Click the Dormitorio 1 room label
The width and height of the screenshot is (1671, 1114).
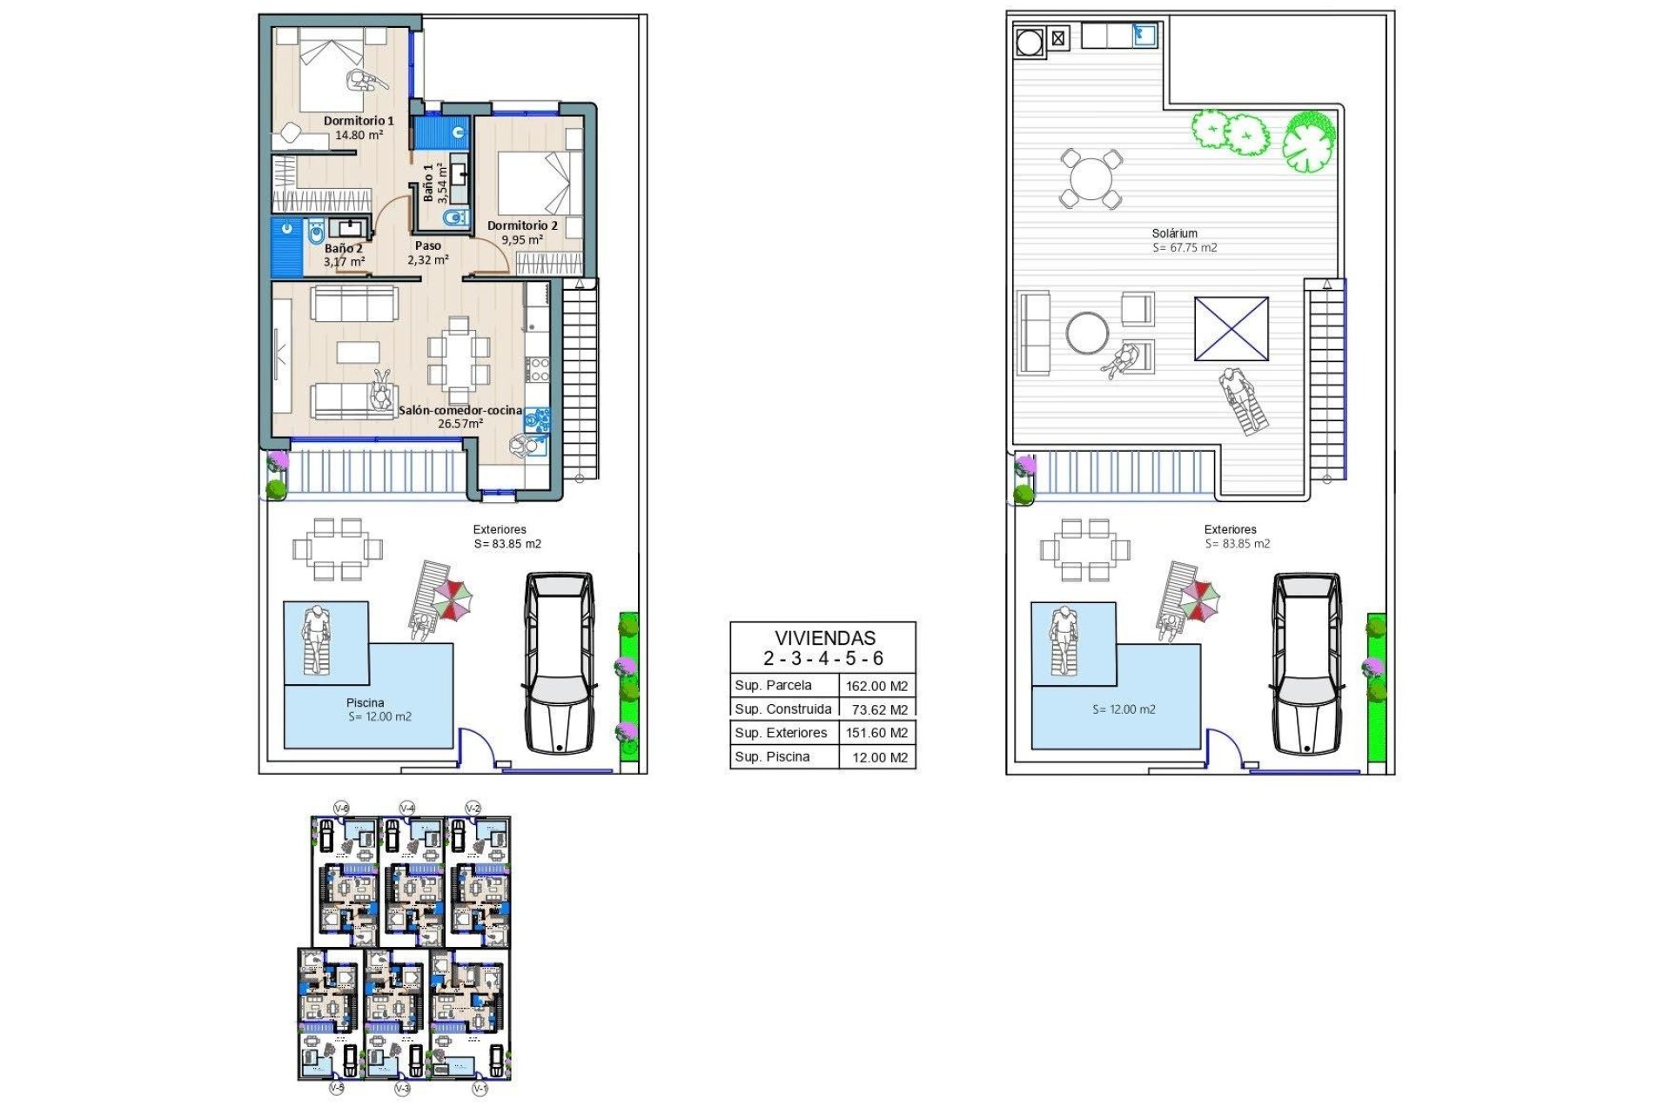359,121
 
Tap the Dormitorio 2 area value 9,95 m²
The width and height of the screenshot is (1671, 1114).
522,240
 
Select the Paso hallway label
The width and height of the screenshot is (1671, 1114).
427,245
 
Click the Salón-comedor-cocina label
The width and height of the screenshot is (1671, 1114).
460,410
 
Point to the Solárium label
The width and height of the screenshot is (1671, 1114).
1174,233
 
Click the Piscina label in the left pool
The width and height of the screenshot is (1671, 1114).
365,702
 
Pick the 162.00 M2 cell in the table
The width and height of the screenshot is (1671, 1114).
876,686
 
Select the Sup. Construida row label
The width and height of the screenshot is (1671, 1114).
782,708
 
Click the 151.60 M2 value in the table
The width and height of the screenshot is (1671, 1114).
876,733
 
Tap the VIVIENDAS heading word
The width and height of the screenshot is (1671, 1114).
824,638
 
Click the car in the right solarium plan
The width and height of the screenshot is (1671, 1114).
1305,663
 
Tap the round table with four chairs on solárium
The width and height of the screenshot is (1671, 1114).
1091,178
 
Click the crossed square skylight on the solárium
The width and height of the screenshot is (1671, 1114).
1231,328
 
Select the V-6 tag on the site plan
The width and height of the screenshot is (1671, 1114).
342,809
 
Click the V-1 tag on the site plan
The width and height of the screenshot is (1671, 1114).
479,1088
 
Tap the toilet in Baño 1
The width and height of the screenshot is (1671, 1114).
454,217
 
